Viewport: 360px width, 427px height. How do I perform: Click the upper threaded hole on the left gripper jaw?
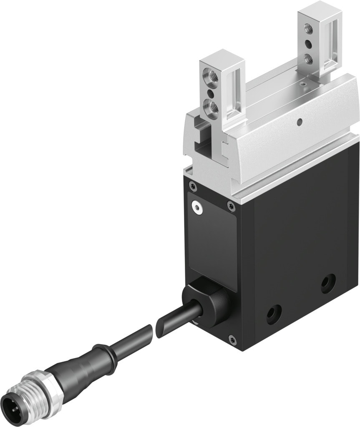[x=207, y=76]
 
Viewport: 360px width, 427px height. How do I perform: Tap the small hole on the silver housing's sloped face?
[x=299, y=122]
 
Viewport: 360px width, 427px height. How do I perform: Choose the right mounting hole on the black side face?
[x=328, y=284]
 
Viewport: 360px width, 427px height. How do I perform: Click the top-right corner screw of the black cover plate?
[x=231, y=204]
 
